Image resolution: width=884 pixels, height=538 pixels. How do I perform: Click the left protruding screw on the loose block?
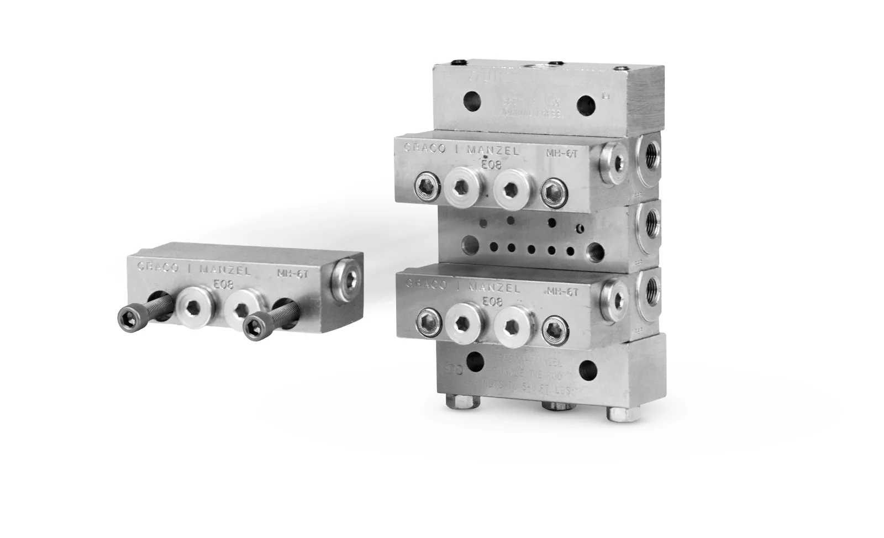(130, 317)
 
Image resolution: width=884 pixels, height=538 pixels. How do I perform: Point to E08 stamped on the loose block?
(223, 286)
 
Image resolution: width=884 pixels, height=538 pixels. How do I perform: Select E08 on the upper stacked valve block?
(491, 165)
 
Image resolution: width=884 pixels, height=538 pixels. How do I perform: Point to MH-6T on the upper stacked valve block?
(561, 154)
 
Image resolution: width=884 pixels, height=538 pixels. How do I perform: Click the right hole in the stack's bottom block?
(587, 367)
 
